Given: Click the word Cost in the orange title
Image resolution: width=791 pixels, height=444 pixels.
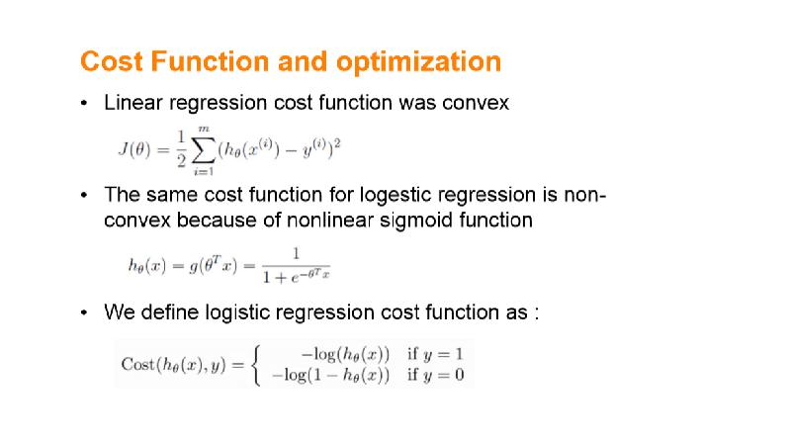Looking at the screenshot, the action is (112, 61).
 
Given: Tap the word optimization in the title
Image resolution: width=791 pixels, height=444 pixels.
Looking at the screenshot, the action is (418, 62).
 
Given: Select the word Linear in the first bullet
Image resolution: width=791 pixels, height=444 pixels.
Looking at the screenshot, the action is (133, 103).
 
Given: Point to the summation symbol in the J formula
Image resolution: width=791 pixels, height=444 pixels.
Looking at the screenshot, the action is (204, 150).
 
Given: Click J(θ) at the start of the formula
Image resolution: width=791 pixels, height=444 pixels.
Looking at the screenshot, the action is (134, 149).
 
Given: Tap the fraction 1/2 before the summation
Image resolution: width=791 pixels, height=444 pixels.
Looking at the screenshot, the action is (182, 149).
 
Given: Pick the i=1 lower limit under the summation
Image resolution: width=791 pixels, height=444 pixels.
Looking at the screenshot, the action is (204, 171).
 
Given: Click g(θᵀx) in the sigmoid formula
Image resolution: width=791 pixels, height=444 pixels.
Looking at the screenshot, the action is (213, 265).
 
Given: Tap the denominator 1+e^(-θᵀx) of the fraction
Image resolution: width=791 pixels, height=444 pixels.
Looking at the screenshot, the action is (296, 277).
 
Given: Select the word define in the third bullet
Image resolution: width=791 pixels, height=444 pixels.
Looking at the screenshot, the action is (169, 312).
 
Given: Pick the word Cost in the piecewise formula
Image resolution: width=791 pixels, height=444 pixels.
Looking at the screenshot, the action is (138, 364).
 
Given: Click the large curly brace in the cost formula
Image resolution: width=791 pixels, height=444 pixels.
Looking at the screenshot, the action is (256, 365).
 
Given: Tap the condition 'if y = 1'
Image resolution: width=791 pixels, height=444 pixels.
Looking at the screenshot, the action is (435, 354).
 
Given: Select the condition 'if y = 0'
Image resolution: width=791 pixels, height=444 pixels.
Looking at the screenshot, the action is (435, 375).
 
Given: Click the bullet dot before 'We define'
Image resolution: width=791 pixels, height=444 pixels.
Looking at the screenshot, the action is (84, 312).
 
